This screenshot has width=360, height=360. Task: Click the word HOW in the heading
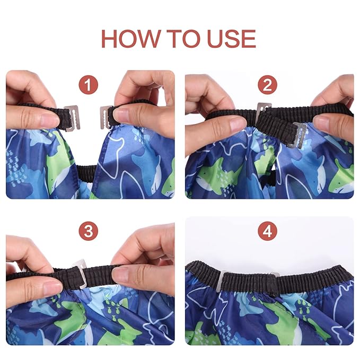tap(130, 39)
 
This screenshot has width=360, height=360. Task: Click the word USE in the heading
tap(231, 39)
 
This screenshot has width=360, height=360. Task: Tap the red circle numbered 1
tap(89, 85)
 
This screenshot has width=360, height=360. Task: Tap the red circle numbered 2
tap(267, 85)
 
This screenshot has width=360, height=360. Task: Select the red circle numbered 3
tap(89, 231)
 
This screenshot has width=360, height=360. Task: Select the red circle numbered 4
tap(267, 231)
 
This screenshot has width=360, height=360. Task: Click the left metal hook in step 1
tap(72, 118)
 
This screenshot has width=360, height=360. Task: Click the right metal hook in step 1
tap(106, 117)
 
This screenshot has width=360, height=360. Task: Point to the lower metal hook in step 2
tap(297, 135)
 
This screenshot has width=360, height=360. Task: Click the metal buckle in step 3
tap(81, 273)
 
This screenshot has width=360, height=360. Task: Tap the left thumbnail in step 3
tap(52, 287)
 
